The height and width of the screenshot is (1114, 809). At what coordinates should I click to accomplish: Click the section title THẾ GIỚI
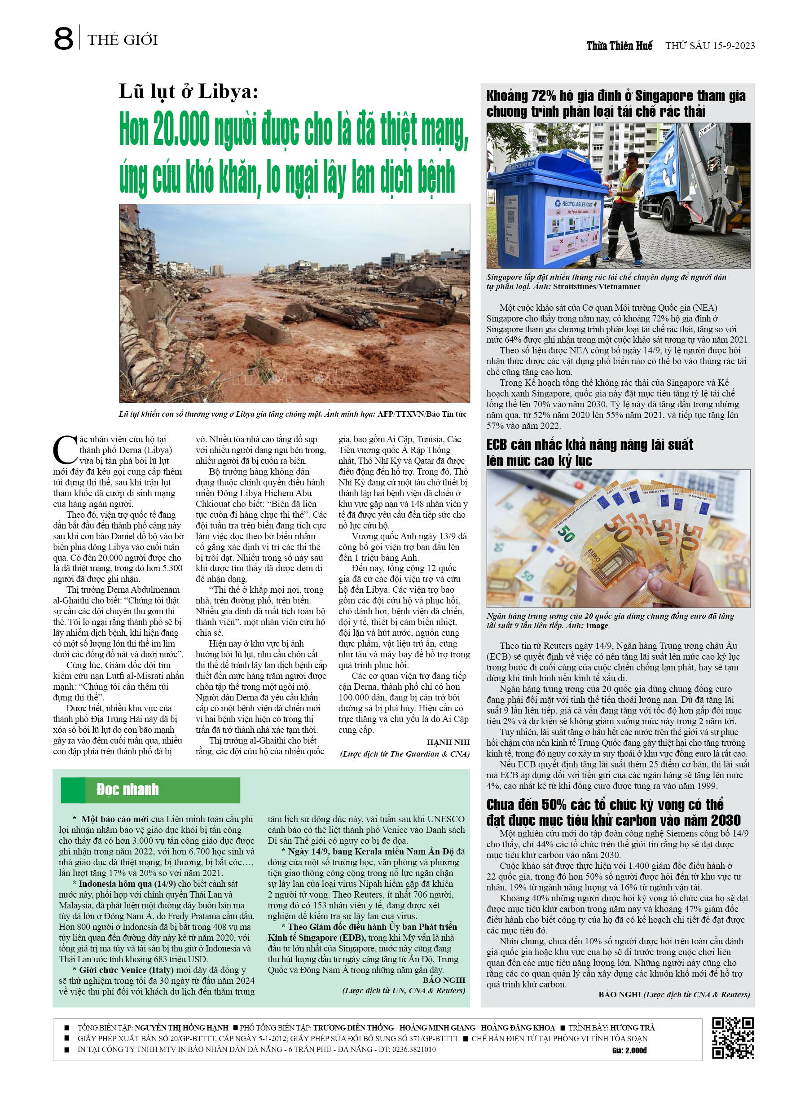click(123, 40)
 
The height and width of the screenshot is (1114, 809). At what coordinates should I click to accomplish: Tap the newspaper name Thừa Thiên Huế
click(619, 46)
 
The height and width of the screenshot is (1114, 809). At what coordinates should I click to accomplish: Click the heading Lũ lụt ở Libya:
click(189, 91)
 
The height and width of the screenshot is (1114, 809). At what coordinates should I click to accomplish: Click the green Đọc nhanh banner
click(150, 790)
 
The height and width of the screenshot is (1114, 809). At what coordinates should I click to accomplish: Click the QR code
click(732, 1038)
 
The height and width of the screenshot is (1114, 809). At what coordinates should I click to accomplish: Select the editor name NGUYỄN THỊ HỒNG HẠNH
click(181, 1027)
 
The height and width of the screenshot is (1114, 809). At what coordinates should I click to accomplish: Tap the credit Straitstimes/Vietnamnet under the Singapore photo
click(596, 286)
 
